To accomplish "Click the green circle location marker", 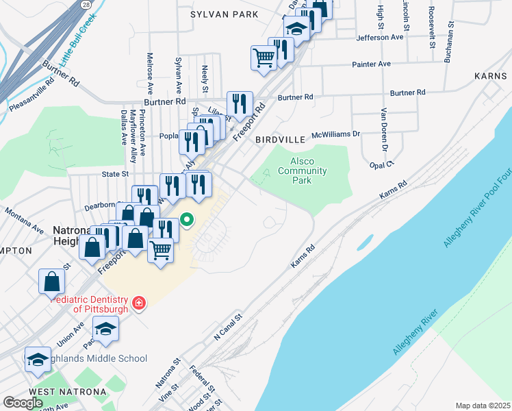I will coord(187,221).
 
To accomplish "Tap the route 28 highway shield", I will coord(84,5).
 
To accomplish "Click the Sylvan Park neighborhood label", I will coord(225,14).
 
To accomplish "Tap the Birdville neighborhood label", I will coord(279,140).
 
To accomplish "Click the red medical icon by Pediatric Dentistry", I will coord(139,302).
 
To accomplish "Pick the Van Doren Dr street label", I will coord(384,130).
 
